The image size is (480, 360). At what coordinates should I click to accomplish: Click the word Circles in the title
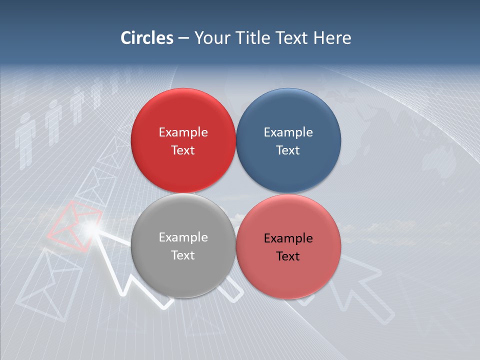pos(146,38)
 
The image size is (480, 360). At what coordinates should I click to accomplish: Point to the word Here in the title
pos(332,38)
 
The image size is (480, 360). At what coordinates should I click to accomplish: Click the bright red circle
pos(183,140)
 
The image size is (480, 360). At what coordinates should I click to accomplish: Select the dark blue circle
pos(288,140)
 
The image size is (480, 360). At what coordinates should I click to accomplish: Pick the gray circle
pos(183,245)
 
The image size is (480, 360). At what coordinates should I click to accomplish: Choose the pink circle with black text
pos(288,246)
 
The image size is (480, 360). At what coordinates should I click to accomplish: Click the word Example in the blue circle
pos(288,132)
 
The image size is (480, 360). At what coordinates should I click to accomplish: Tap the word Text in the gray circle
pos(183,255)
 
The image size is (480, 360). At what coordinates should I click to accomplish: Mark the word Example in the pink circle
pos(288,238)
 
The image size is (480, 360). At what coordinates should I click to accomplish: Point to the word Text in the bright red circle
pos(183,150)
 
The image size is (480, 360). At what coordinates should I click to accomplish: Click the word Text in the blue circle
pos(288,150)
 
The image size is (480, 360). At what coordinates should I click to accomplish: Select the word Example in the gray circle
pos(183,237)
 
